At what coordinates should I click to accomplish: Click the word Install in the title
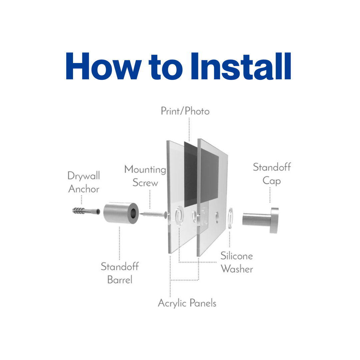click(241, 66)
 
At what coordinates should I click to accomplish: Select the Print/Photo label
click(185, 111)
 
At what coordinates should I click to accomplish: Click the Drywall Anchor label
click(84, 182)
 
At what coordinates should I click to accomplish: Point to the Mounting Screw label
click(145, 176)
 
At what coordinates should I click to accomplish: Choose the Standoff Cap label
click(272, 174)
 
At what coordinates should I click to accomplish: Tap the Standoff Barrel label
click(120, 273)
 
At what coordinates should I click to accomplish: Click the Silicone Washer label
click(237, 262)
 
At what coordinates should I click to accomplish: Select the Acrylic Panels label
click(187, 303)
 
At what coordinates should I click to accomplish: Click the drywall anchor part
click(86, 211)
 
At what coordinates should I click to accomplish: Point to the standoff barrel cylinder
click(121, 213)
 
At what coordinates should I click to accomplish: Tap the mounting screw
click(154, 214)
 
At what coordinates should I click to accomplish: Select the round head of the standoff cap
click(275, 220)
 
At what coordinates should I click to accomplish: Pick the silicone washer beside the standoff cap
click(230, 218)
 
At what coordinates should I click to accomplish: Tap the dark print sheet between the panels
click(201, 174)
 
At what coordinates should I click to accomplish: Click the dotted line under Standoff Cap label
click(270, 195)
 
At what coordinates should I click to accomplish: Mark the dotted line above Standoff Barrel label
click(119, 243)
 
